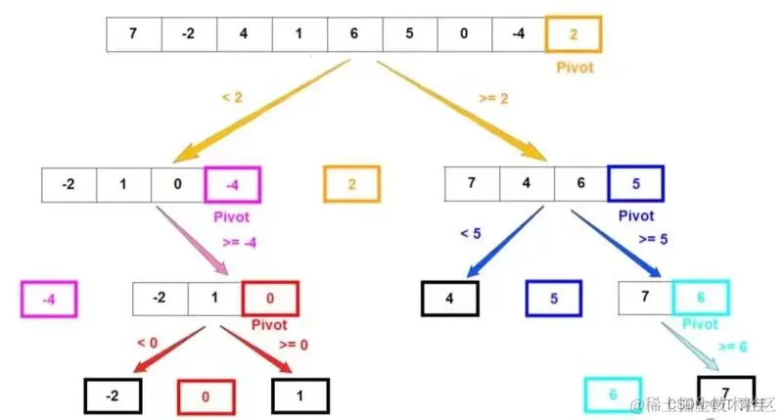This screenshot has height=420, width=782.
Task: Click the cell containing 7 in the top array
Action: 133,35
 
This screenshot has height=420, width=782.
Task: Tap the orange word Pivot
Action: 574,69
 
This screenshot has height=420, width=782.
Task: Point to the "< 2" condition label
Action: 232,99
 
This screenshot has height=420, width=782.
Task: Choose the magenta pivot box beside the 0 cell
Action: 232,184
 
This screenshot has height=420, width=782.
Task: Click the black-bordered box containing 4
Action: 450,299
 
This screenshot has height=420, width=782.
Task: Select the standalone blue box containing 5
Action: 555,299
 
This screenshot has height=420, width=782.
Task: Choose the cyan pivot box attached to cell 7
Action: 701,299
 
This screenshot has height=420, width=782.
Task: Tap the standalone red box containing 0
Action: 206,396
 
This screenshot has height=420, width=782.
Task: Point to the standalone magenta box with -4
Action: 48,299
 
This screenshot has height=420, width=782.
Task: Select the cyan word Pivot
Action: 701,324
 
